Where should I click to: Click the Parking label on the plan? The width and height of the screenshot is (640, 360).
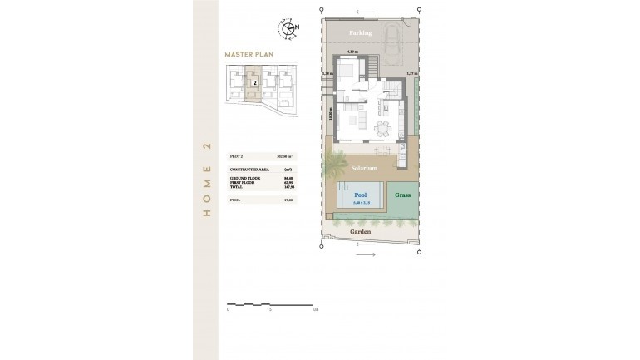tap(360, 32)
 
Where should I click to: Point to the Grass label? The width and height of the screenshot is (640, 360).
tap(403, 195)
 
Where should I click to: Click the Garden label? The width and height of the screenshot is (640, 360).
tap(359, 232)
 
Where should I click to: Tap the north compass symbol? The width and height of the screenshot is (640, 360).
tap(290, 29)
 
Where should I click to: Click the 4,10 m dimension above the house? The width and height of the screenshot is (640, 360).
tap(352, 52)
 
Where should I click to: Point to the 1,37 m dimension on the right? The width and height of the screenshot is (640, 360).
tap(411, 74)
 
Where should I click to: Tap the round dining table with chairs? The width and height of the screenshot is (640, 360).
tap(382, 127)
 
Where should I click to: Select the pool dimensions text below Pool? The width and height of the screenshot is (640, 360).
tap(362, 203)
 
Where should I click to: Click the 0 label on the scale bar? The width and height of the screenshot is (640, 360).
tap(228, 309)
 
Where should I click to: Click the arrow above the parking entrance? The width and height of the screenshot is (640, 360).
tap(361, 12)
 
